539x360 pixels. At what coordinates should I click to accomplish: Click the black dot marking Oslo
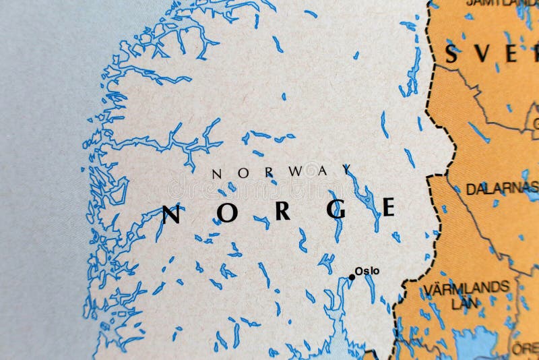pyautogui.click(x=352, y=277)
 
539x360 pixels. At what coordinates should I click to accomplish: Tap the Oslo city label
pyautogui.click(x=367, y=271)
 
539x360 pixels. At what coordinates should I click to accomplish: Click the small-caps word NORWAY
pyautogui.click(x=282, y=172)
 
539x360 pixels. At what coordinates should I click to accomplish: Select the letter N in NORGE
pyautogui.click(x=172, y=214)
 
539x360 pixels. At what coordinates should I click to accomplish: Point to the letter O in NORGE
pyautogui.click(x=228, y=212)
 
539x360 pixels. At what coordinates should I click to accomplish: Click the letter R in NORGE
pyautogui.click(x=282, y=211)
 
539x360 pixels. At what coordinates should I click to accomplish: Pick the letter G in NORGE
pyautogui.click(x=336, y=210)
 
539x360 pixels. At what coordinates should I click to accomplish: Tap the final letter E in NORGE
pyautogui.click(x=389, y=207)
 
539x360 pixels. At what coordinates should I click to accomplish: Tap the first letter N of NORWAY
pyautogui.click(x=216, y=174)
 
